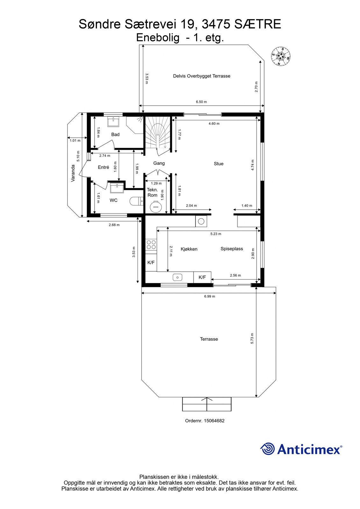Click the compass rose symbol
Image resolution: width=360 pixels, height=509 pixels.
click(281, 56)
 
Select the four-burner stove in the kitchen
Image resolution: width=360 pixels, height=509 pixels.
click(151, 245)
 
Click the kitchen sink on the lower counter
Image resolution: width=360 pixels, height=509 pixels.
click(177, 277)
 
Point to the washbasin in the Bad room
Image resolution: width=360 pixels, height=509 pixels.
click(113, 122)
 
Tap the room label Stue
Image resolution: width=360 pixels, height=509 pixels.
click(219, 164)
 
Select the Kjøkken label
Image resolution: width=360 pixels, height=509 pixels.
click(189, 249)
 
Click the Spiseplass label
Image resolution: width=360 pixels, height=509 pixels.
click(232, 249)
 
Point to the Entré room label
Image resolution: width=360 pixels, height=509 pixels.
click(103, 167)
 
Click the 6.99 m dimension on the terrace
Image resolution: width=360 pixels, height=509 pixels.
click(209, 296)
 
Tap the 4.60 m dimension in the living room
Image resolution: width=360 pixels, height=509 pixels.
click(214, 124)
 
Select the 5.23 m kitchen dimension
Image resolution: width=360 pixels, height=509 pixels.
click(215, 234)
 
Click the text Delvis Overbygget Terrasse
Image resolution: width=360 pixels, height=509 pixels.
click(202, 76)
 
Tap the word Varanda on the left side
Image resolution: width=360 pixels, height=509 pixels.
click(73, 173)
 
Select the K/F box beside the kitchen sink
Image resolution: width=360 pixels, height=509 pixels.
click(202, 277)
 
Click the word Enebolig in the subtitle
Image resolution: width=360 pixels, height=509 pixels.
click(158, 38)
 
